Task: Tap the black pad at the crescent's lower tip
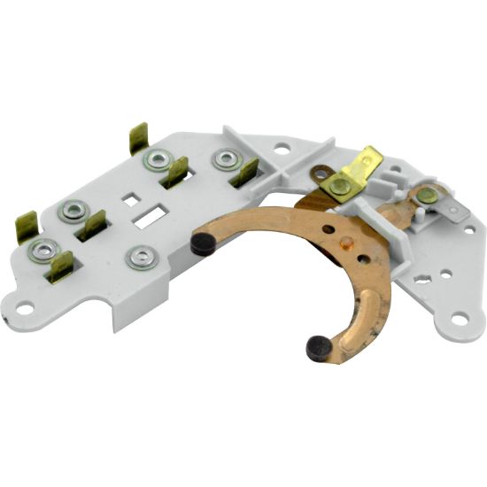coord(318,348)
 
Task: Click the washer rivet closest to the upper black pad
coord(138,259)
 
